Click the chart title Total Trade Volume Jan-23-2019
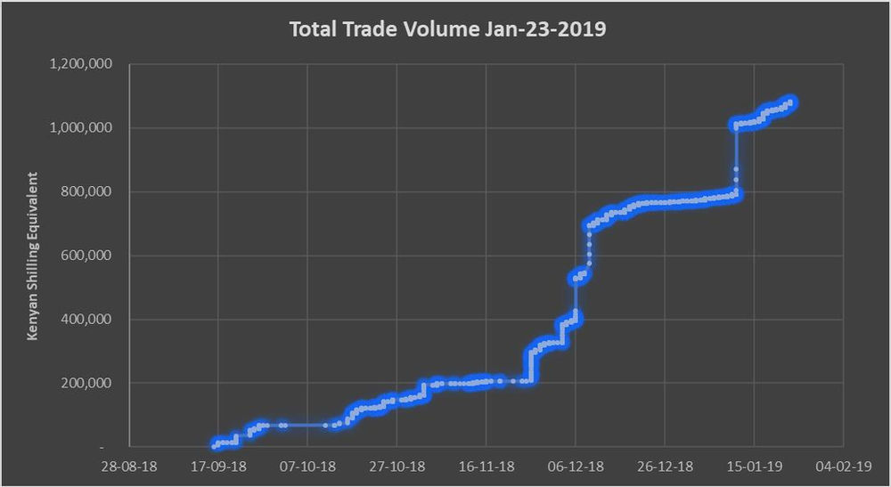[x=448, y=29]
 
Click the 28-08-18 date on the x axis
[x=130, y=466]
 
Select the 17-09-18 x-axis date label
[x=219, y=466]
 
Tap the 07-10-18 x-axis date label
[x=308, y=466]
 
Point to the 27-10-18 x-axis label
[x=397, y=466]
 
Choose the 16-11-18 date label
[x=486, y=466]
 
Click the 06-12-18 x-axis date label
[x=576, y=466]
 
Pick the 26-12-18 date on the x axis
[x=665, y=466]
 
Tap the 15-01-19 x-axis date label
[x=754, y=466]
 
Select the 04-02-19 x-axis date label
[x=843, y=466]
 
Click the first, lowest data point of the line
[x=215, y=444]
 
